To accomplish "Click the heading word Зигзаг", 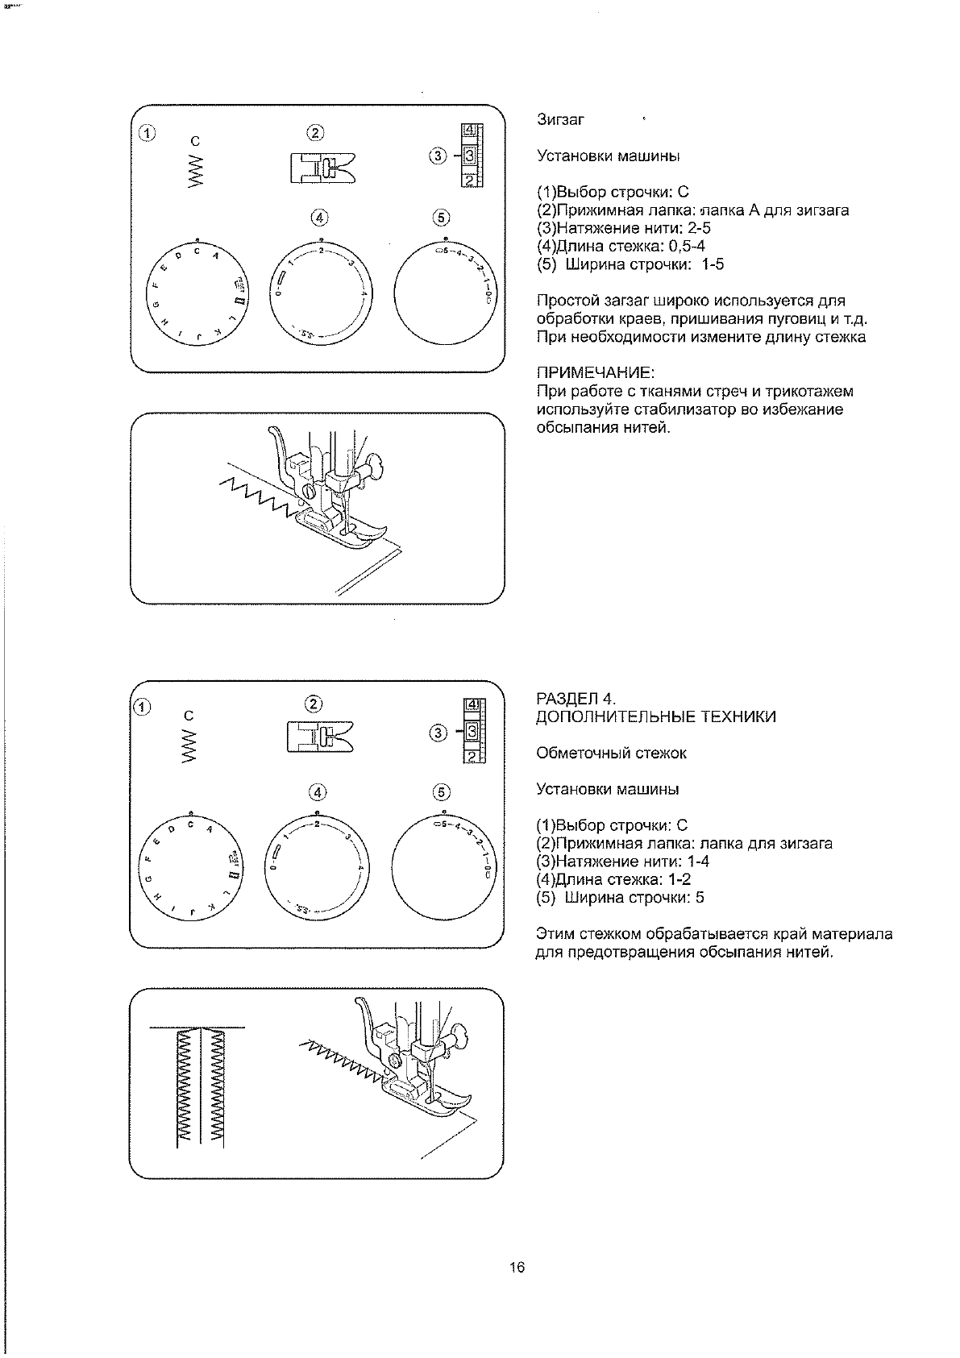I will click(x=560, y=119).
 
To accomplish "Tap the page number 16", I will click(x=517, y=1268).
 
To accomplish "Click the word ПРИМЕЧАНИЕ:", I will click(x=595, y=373).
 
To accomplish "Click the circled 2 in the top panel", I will click(x=315, y=133).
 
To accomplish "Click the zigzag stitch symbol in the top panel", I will click(x=195, y=172).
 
